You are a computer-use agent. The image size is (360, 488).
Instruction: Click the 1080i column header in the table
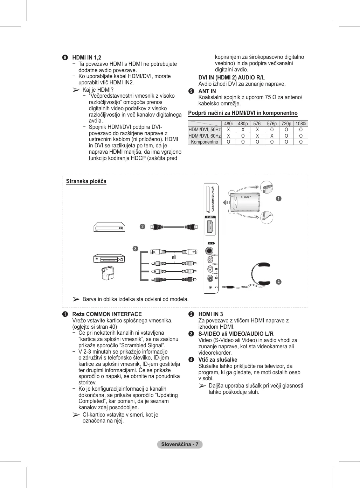click(301, 124)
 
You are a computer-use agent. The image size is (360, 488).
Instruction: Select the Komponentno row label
click(205, 142)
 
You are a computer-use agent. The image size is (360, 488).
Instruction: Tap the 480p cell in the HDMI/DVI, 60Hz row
click(243, 136)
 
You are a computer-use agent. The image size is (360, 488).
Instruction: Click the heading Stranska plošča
click(86, 181)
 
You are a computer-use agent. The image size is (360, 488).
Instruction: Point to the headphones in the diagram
click(261, 273)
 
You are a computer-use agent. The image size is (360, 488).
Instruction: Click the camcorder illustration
click(108, 273)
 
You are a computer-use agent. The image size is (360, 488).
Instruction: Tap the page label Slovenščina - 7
click(180, 444)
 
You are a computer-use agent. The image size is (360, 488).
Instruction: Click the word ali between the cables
click(174, 257)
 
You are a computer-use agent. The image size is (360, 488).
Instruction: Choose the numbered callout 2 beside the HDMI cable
click(142, 226)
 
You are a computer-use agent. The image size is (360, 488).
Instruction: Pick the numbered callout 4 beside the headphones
click(279, 282)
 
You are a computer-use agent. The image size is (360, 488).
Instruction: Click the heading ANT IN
click(207, 91)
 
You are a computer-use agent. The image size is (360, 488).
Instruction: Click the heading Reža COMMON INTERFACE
click(107, 314)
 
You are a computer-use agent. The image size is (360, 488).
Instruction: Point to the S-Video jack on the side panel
click(209, 251)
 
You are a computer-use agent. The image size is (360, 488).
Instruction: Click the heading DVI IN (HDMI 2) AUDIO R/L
click(231, 77)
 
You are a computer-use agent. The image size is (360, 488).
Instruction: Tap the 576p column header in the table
click(272, 124)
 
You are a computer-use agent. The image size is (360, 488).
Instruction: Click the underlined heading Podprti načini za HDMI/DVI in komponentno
click(243, 113)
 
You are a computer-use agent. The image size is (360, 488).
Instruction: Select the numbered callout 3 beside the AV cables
click(135, 249)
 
